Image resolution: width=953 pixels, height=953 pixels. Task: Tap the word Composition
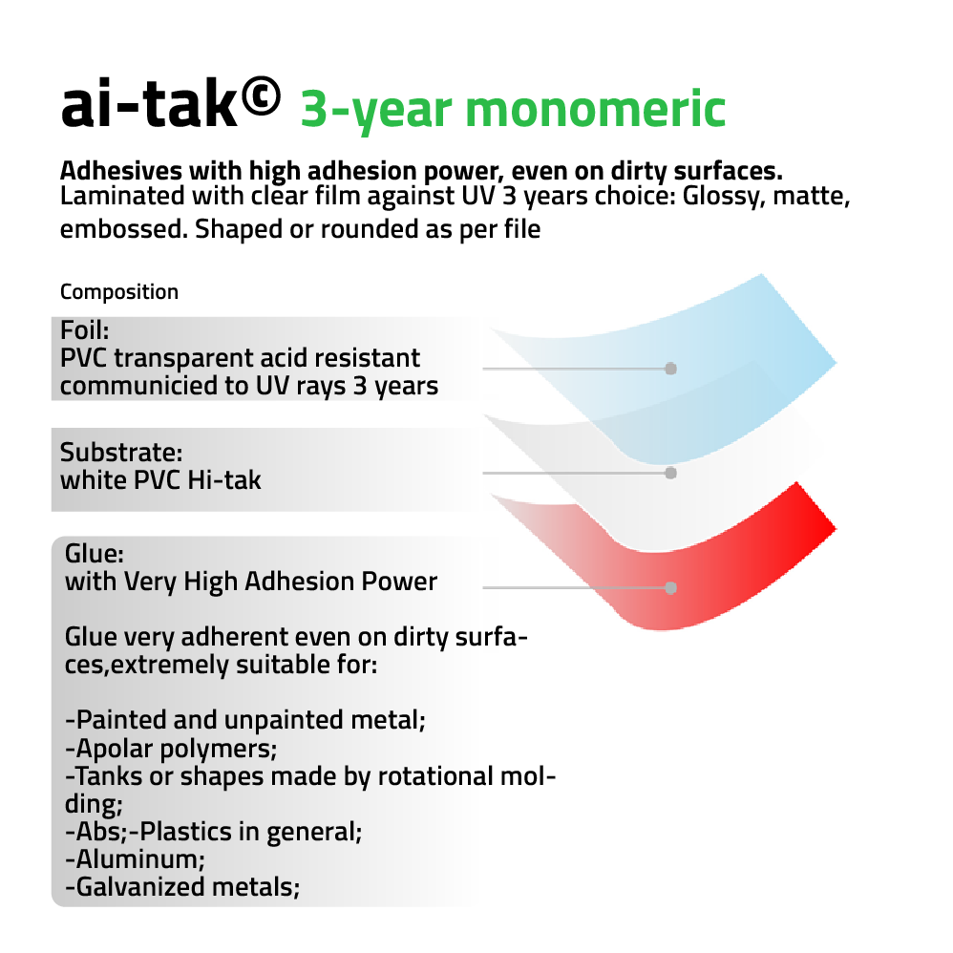[x=119, y=292]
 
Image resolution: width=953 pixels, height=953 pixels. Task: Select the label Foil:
[x=84, y=330]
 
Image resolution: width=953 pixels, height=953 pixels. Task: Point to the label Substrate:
[x=121, y=453]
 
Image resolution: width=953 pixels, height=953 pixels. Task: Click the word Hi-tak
[x=224, y=480]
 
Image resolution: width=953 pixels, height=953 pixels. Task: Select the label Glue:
[x=95, y=554]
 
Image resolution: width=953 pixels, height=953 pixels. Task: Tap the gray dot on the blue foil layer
[x=670, y=369]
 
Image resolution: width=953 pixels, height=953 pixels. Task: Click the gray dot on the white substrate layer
[x=670, y=473]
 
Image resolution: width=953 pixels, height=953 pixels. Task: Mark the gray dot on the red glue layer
[x=670, y=587]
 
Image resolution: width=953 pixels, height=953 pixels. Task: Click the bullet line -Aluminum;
[x=135, y=859]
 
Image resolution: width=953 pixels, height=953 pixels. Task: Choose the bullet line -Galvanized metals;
[x=182, y=887]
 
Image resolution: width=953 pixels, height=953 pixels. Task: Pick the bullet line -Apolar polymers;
[x=171, y=749]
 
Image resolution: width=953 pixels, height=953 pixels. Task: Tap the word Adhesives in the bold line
[x=121, y=171]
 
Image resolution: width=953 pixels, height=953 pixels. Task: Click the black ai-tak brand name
[x=149, y=104]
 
